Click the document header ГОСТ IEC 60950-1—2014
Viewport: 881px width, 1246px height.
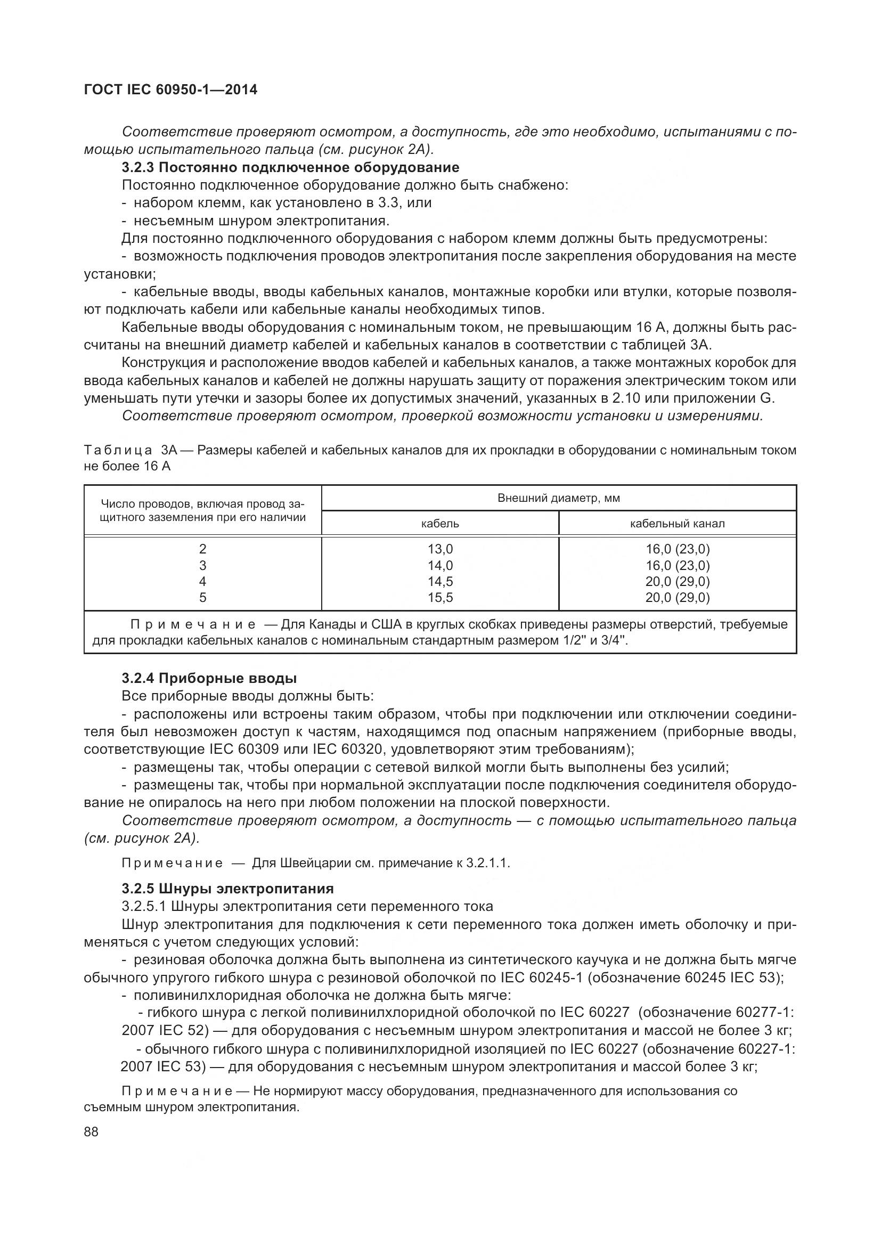170,89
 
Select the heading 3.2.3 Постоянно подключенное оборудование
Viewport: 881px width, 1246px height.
290,167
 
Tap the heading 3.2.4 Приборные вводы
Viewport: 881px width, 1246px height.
209,678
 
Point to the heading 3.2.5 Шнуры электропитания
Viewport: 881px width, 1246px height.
227,889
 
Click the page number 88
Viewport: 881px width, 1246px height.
91,1131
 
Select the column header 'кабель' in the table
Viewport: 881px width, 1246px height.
440,524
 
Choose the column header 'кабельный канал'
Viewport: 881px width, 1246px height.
677,524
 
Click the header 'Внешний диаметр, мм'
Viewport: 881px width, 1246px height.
558,498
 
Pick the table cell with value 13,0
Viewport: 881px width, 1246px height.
440,549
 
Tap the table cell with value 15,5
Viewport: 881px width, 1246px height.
440,598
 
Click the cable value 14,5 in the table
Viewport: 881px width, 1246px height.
440,581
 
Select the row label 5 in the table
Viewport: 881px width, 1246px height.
203,598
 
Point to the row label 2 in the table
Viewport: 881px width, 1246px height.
203,549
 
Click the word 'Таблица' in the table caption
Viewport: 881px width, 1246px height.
118,450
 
